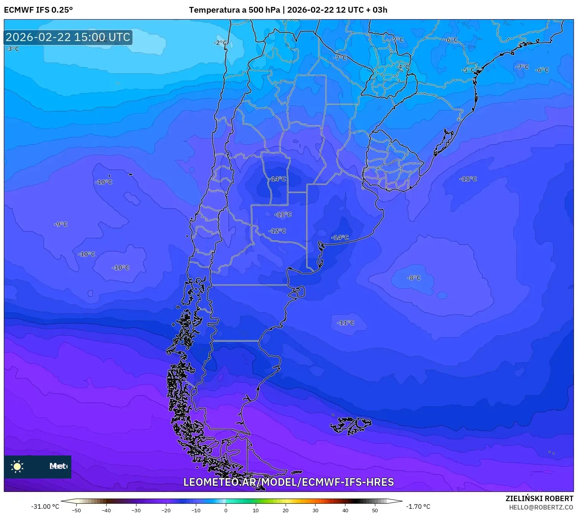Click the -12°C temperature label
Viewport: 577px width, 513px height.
point(278,231)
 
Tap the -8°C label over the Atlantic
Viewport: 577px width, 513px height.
point(414,278)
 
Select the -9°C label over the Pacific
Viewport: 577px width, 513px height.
point(61,224)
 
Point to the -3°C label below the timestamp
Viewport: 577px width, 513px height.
point(12,49)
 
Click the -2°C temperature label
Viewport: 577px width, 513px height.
point(220,43)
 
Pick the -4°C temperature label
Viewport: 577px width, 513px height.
point(403,67)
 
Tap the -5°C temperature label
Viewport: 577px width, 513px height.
point(468,70)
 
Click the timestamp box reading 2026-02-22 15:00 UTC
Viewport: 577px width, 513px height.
point(68,37)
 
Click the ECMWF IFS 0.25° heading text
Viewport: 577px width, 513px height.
point(38,10)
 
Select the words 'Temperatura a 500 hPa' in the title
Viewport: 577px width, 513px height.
point(234,10)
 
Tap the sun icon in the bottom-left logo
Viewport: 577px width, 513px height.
point(17,466)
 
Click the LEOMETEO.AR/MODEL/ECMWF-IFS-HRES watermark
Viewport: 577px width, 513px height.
point(288,482)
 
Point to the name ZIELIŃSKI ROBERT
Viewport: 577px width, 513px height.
point(539,498)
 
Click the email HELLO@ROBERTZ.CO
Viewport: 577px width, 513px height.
point(541,507)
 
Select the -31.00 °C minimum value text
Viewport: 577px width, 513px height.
point(45,506)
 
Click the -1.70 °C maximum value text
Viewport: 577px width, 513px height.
point(418,506)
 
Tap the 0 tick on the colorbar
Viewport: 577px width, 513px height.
point(226,510)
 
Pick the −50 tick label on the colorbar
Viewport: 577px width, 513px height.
point(76,510)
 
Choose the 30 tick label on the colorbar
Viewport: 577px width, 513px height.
point(315,510)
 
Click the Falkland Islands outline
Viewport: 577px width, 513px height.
point(350,425)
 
